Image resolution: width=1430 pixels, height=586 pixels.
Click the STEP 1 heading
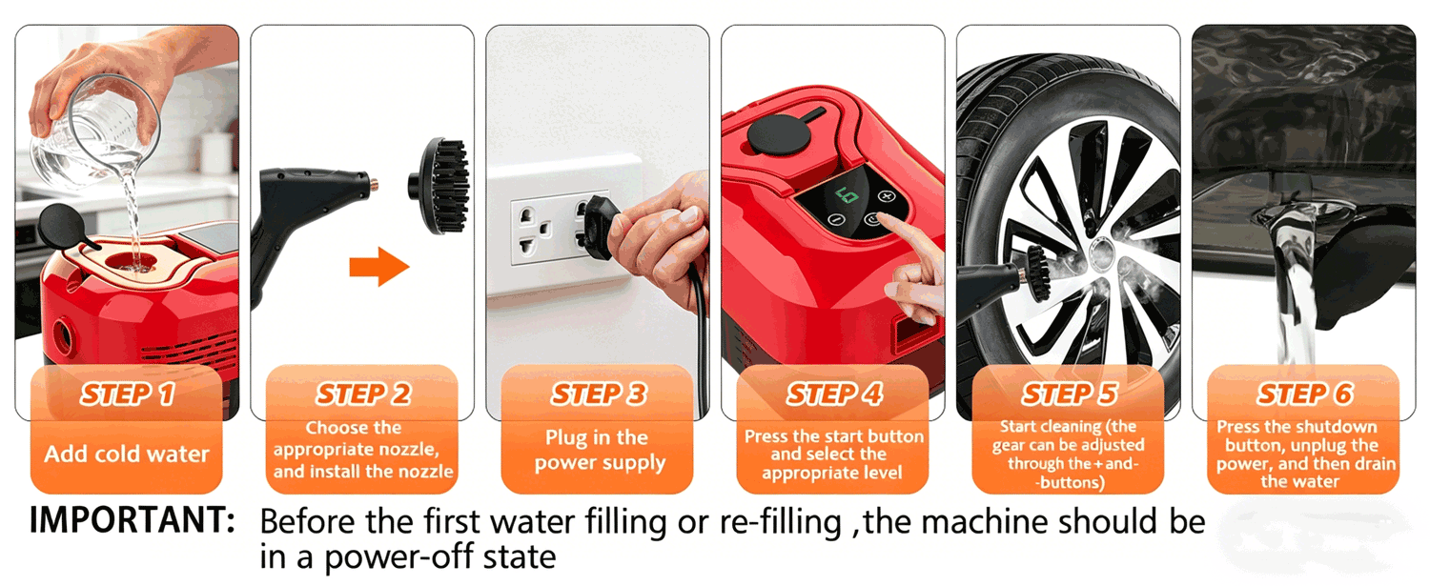click(128, 394)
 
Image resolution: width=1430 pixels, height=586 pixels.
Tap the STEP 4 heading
click(834, 394)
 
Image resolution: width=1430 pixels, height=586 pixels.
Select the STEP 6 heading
click(1305, 394)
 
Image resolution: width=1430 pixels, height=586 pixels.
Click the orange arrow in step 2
click(379, 266)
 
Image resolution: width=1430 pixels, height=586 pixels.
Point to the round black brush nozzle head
click(439, 185)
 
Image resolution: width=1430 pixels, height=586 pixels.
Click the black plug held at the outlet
click(597, 227)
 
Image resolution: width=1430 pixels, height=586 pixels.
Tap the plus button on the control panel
click(886, 196)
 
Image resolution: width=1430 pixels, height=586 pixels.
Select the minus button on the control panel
click(836, 220)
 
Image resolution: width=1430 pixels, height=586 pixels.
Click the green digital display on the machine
click(848, 195)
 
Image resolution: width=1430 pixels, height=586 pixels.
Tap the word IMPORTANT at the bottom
click(133, 519)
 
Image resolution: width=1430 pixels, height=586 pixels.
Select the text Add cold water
click(127, 454)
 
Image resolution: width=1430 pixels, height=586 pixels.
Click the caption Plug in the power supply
click(599, 451)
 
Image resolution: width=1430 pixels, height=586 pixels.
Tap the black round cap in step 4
click(779, 134)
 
